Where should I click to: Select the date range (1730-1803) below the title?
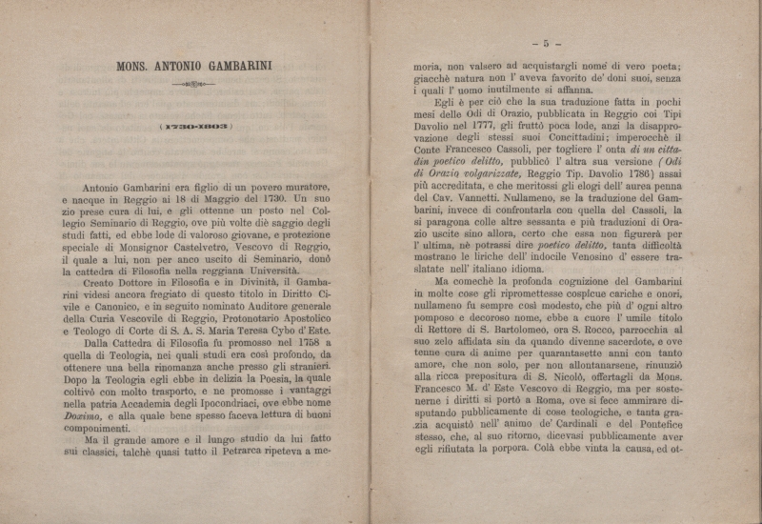pos(195,127)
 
